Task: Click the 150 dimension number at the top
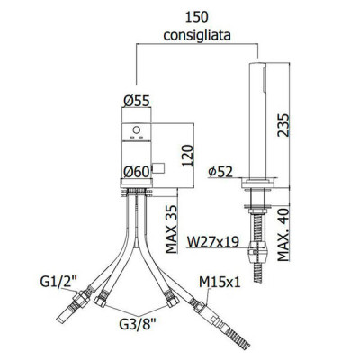pyautogui.click(x=196, y=17)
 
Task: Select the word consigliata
pyautogui.click(x=197, y=35)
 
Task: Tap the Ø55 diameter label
pyautogui.click(x=136, y=101)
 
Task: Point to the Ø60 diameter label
pyautogui.click(x=137, y=172)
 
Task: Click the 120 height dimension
pyautogui.click(x=187, y=156)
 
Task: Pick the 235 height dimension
pyautogui.click(x=283, y=125)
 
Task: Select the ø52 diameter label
pyautogui.click(x=220, y=172)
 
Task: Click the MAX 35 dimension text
pyautogui.click(x=171, y=229)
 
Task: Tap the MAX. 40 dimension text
pyautogui.click(x=283, y=235)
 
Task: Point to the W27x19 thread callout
pyautogui.click(x=212, y=241)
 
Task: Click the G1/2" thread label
pyautogui.click(x=58, y=282)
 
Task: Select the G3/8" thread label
pyautogui.click(x=137, y=323)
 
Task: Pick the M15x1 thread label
pyautogui.click(x=220, y=282)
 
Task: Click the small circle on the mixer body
pyautogui.click(x=137, y=130)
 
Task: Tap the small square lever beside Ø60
pyautogui.click(x=158, y=168)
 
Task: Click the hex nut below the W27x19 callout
pyautogui.click(x=257, y=251)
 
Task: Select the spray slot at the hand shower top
pyautogui.click(x=265, y=78)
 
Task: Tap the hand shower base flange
pyautogui.click(x=257, y=183)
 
